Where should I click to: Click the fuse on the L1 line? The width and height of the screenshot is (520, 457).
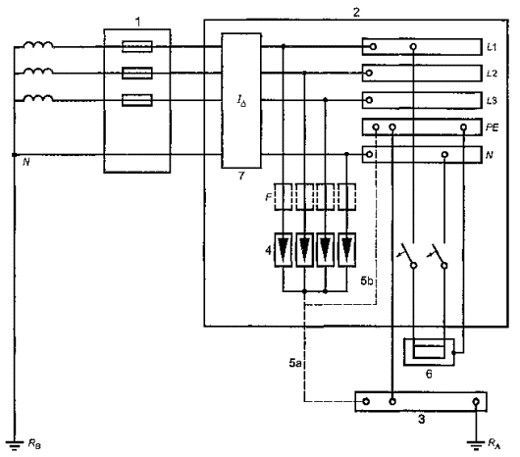(137, 47)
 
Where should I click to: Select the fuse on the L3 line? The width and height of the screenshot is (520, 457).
(137, 100)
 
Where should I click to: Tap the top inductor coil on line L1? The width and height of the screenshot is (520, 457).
(38, 45)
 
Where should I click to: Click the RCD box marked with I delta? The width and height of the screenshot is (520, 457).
(241, 100)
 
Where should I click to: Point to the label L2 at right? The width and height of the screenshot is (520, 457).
(492, 74)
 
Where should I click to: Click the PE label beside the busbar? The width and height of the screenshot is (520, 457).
(493, 127)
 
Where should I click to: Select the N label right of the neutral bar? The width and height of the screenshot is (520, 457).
(490, 155)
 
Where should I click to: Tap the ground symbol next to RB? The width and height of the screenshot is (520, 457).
(15, 445)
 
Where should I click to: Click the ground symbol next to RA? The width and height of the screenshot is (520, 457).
(476, 444)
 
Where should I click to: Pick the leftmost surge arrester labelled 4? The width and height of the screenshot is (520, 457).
(283, 250)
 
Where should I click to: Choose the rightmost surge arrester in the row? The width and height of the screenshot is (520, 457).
(347, 250)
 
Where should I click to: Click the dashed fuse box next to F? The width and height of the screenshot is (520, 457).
(283, 197)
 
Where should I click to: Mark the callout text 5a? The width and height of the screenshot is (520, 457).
(295, 363)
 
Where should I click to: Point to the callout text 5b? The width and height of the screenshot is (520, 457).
(367, 281)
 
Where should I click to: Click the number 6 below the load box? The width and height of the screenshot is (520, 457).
(429, 375)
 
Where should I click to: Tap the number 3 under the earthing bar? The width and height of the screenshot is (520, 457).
(421, 419)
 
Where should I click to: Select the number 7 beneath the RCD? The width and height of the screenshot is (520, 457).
(241, 176)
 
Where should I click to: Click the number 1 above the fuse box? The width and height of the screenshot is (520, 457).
(137, 23)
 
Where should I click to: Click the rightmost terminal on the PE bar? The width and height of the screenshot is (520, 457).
(464, 127)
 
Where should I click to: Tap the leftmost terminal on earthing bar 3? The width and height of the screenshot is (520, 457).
(366, 401)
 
